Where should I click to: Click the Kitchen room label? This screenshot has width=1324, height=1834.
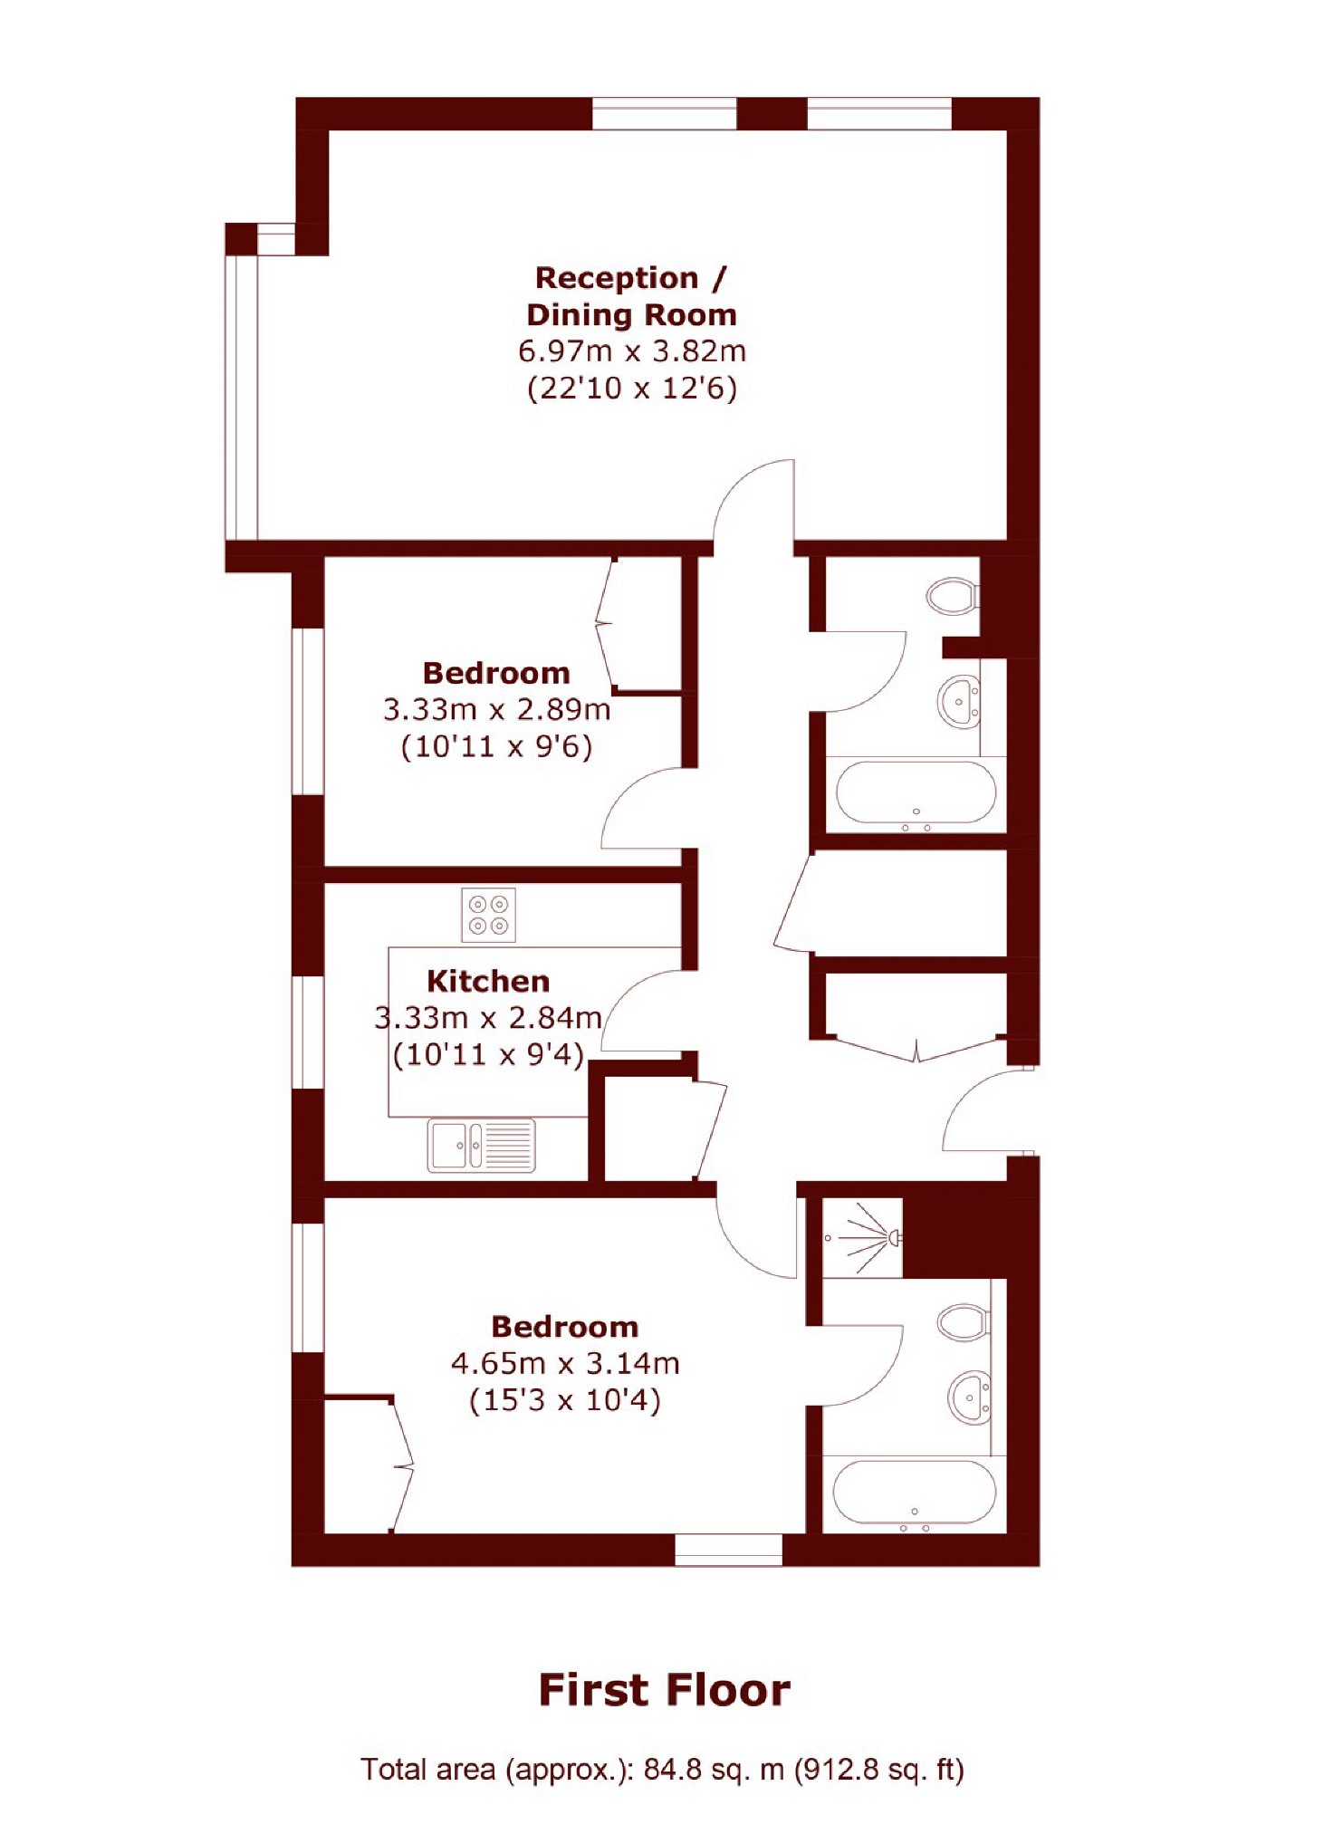click(x=487, y=982)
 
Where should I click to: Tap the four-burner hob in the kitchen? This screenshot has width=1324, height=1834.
click(x=488, y=915)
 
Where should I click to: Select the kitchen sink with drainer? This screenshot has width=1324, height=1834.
click(x=481, y=1146)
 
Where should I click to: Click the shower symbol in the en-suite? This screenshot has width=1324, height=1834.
click(x=865, y=1237)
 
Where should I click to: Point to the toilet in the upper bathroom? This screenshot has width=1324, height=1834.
click(x=951, y=596)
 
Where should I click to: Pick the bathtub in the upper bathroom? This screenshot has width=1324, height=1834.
click(x=916, y=793)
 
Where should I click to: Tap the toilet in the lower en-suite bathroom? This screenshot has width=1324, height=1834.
click(x=962, y=1321)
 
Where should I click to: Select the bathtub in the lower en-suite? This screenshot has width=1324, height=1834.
click(x=914, y=1493)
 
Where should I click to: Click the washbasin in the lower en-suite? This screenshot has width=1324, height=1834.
click(x=968, y=1397)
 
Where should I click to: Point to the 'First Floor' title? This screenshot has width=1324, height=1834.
click(x=664, y=1690)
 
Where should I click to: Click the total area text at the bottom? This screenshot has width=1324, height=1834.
click(x=662, y=1769)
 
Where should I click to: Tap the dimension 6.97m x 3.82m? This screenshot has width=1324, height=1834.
click(x=631, y=351)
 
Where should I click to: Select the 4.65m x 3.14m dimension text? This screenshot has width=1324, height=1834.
click(x=565, y=1363)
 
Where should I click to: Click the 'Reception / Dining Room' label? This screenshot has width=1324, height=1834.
click(x=631, y=296)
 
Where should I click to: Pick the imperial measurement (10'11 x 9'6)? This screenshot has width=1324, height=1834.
click(x=496, y=747)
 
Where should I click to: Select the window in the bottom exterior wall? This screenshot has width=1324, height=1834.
click(x=728, y=1549)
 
